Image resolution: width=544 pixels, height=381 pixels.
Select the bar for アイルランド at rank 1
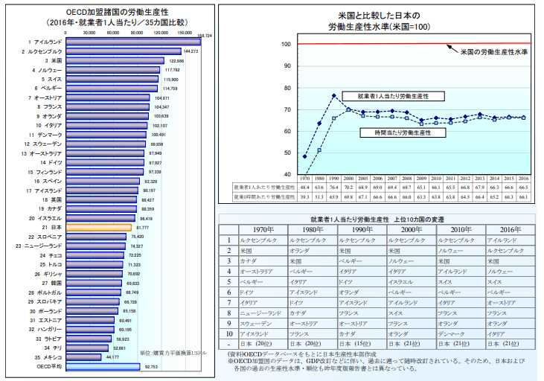(x=132, y=42)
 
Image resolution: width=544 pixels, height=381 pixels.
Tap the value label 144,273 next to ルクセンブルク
(x=191, y=51)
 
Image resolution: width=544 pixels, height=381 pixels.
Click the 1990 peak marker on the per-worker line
(x=334, y=95)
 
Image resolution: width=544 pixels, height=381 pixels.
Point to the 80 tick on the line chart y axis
(x=286, y=88)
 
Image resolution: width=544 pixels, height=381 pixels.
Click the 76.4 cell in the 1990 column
(x=334, y=189)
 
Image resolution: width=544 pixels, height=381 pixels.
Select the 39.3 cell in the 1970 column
(x=305, y=198)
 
